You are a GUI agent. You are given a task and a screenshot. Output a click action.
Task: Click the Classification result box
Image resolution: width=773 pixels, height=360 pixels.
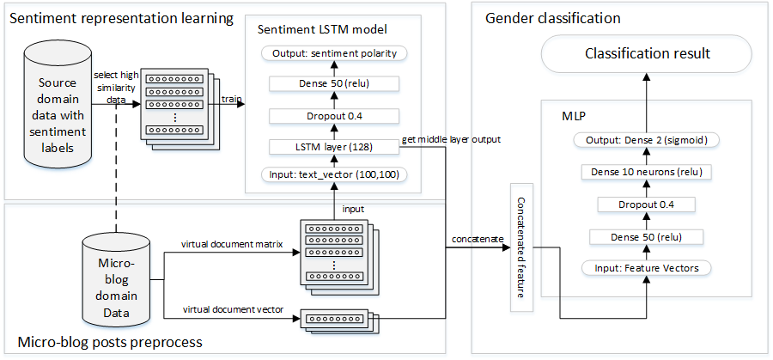click(x=647, y=54)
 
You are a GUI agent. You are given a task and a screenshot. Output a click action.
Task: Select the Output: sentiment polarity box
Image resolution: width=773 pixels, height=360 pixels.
click(x=334, y=53)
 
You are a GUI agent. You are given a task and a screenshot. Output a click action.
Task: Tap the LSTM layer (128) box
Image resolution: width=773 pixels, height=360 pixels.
click(x=334, y=148)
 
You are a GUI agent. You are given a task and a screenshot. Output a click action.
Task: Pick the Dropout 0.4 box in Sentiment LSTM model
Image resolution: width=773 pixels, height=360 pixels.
click(x=334, y=116)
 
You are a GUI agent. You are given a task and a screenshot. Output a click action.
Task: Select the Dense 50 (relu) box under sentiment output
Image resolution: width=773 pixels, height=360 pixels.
click(x=334, y=84)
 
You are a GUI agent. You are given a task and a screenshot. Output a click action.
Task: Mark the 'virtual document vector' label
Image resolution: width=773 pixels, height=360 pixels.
click(x=234, y=308)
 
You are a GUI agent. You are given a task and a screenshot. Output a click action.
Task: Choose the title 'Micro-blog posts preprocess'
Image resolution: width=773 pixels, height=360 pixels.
click(x=105, y=342)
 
